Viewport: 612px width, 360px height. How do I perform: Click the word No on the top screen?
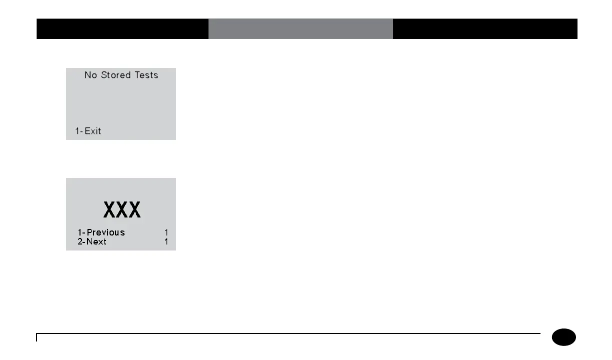click(x=90, y=75)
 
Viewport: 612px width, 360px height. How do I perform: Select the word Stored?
click(x=116, y=75)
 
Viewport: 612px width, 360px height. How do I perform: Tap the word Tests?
click(x=146, y=75)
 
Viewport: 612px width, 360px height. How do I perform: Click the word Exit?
click(x=93, y=131)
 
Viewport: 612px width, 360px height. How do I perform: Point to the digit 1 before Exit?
click(x=77, y=131)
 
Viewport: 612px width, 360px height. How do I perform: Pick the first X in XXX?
click(x=110, y=209)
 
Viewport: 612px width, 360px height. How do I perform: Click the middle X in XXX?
click(x=122, y=209)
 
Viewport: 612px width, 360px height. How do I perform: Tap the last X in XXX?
click(x=134, y=209)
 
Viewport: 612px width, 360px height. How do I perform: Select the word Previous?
click(x=106, y=232)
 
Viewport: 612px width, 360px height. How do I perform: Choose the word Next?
click(x=96, y=242)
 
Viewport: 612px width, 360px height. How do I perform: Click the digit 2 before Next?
click(x=80, y=242)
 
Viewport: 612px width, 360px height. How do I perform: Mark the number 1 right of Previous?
click(x=166, y=232)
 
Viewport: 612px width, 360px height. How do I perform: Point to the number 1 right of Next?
click(x=166, y=242)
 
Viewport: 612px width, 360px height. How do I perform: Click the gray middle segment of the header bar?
click(x=300, y=29)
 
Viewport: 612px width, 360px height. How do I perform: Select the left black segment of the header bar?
click(x=122, y=29)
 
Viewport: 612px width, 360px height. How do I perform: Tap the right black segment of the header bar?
click(x=485, y=29)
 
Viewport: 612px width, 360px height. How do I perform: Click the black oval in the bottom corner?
click(x=564, y=337)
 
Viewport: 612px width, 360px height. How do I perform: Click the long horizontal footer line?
click(x=289, y=333)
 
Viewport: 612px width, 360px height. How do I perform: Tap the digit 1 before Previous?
click(x=79, y=232)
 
